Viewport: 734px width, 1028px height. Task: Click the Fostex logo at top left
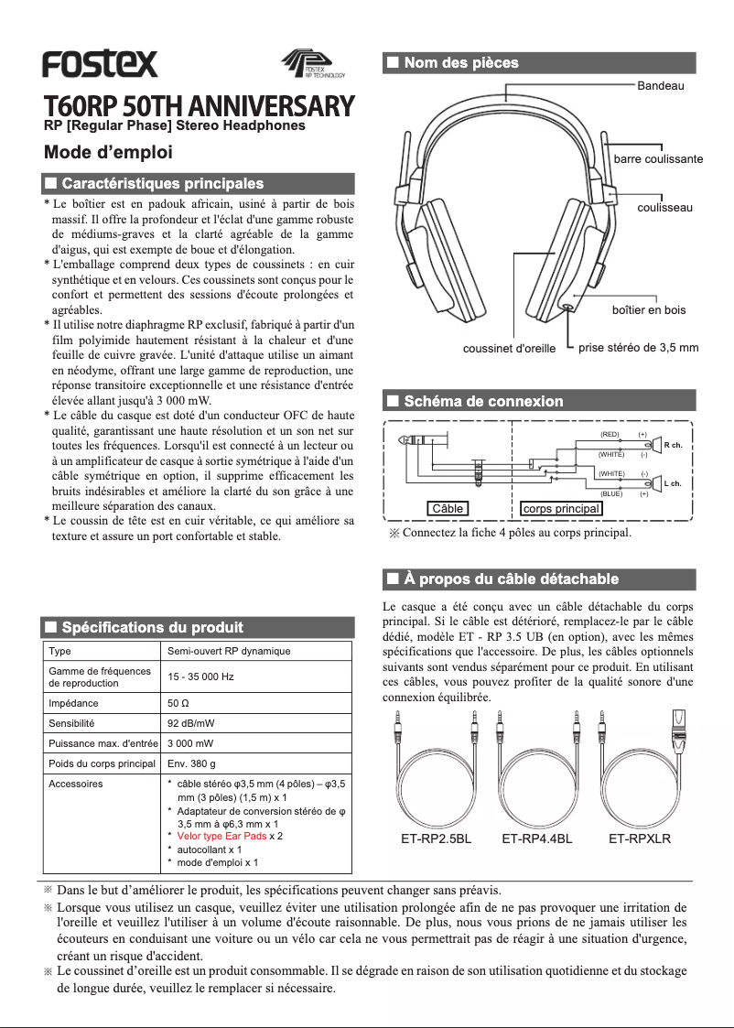pyautogui.click(x=100, y=64)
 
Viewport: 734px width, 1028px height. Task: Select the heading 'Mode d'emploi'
pyautogui.click(x=108, y=152)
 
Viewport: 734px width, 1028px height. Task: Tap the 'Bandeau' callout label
pyautogui.click(x=661, y=85)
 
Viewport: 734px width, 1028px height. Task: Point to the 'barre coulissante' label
pyautogui.click(x=658, y=159)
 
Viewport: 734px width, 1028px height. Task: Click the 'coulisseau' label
pyautogui.click(x=664, y=208)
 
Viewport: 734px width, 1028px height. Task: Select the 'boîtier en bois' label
pyautogui.click(x=648, y=310)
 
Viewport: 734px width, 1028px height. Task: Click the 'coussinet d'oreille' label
pyautogui.click(x=509, y=349)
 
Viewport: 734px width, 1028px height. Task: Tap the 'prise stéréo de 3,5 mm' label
pyautogui.click(x=639, y=348)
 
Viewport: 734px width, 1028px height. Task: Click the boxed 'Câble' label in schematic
pyautogui.click(x=448, y=508)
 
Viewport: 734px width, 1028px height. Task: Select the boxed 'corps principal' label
pyautogui.click(x=561, y=508)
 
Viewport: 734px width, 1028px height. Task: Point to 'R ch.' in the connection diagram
pyautogui.click(x=673, y=445)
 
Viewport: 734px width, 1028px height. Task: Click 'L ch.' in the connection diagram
pyautogui.click(x=673, y=483)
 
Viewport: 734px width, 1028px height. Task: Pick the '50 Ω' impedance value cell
pyautogui.click(x=179, y=704)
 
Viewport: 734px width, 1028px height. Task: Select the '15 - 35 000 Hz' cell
pyautogui.click(x=200, y=677)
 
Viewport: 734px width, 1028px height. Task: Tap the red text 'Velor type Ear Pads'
pyautogui.click(x=221, y=837)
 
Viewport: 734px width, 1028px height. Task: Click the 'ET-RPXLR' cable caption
pyautogui.click(x=640, y=839)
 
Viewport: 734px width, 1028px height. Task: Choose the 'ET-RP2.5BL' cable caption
pyautogui.click(x=437, y=839)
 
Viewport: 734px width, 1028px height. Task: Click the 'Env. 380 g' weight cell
pyautogui.click(x=191, y=763)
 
